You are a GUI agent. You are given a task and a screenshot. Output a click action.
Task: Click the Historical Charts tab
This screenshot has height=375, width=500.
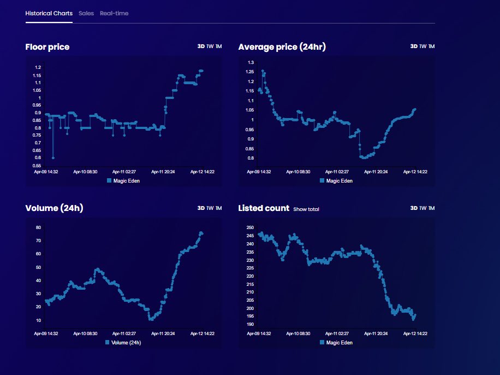point(49,13)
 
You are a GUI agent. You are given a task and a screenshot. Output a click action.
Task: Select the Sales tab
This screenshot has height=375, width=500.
point(86,13)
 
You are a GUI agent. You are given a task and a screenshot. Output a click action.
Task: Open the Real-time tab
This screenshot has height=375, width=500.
point(114,13)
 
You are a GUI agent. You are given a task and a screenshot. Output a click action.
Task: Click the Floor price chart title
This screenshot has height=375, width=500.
point(47,47)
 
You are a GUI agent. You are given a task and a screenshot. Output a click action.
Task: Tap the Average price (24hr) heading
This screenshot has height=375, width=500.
point(282,47)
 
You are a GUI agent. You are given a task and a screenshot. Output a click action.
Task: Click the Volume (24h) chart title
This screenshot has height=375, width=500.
point(54,208)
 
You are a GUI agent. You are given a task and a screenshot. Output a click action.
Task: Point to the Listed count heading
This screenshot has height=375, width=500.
point(263,208)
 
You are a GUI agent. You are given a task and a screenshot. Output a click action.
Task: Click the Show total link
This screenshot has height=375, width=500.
point(306,209)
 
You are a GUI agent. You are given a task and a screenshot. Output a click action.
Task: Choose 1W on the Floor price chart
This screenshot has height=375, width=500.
point(210,46)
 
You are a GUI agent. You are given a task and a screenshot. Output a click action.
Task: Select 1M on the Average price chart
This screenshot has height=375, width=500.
point(431,46)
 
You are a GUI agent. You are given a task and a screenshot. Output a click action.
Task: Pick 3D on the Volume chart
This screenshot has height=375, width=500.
point(201,208)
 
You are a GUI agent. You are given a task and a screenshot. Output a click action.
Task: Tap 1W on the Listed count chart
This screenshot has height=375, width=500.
point(422,208)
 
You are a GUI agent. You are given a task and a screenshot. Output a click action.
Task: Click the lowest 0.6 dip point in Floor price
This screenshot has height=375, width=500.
point(53,157)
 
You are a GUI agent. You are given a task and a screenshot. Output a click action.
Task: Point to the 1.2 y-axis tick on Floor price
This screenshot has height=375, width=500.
point(38,67)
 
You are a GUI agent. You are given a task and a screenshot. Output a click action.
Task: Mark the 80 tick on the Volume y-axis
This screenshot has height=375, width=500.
point(38,227)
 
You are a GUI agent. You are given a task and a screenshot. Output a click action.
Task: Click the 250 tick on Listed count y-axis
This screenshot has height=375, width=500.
point(250,227)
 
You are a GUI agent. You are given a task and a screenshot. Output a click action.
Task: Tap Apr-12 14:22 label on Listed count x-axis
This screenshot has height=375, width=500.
point(414,333)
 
